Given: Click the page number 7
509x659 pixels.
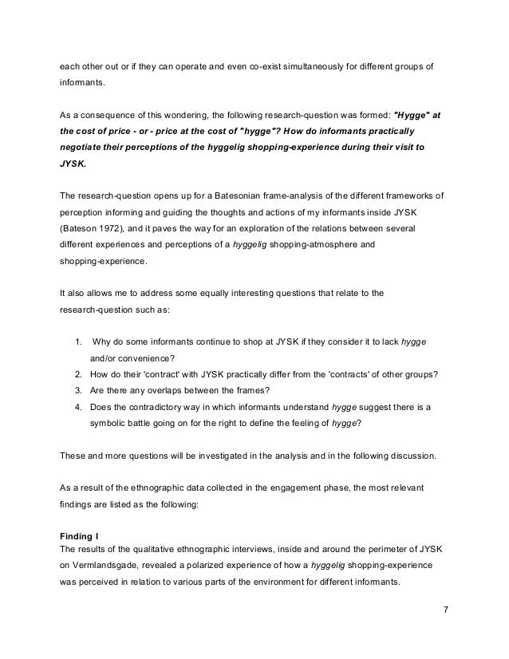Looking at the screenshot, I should click(x=447, y=610).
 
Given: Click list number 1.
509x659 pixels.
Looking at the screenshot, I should click(x=77, y=341).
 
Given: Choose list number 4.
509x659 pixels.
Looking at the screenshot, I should click(x=77, y=407).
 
